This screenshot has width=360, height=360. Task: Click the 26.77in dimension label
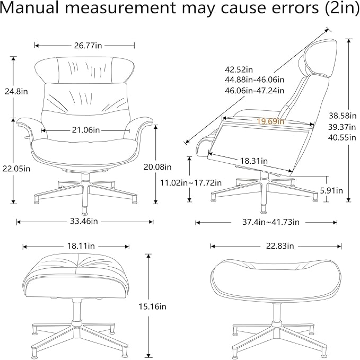[88, 46]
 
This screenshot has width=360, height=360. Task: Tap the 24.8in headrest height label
[16, 91]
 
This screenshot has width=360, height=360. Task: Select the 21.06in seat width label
[86, 130]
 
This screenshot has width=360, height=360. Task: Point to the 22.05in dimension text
[16, 169]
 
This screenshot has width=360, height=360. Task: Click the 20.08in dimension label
[157, 166]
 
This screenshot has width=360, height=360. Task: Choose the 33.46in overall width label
[84, 221]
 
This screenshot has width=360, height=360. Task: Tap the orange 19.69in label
[270, 121]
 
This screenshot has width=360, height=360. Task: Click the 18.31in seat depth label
[254, 161]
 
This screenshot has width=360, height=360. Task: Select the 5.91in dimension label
[331, 190]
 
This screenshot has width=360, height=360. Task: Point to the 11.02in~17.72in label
[191, 183]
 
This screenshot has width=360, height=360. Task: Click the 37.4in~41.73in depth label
[271, 222]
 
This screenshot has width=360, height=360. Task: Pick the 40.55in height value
[342, 137]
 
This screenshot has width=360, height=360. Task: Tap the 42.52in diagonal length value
[239, 69]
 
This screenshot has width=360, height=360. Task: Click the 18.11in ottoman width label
[81, 246]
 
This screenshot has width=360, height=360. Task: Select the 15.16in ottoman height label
[152, 306]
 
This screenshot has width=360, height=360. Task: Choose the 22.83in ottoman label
[280, 246]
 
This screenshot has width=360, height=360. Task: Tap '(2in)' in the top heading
[341, 8]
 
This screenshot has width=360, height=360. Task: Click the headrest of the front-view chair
[84, 70]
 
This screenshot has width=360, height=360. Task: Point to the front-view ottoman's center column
[76, 312]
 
